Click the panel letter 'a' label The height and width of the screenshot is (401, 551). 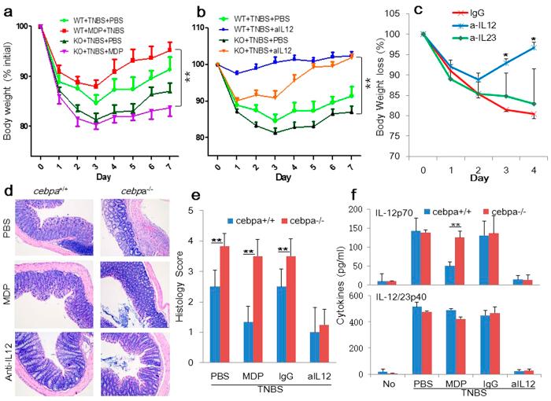pos(8,11)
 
